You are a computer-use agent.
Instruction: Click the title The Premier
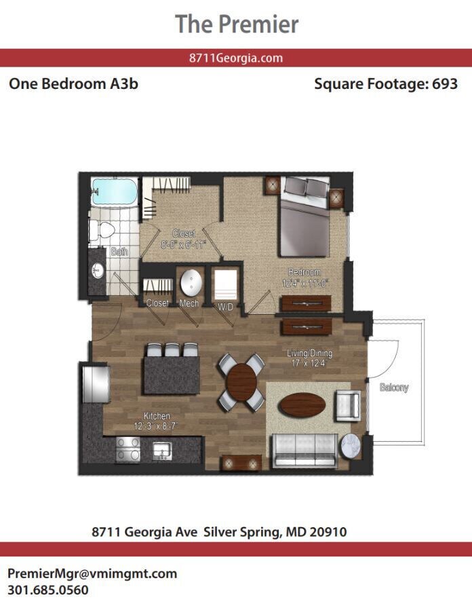(x=237, y=24)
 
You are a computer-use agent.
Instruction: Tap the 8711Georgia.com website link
(x=236, y=58)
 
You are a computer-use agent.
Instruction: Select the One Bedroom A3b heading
(x=73, y=84)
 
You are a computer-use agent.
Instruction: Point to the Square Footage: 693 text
(x=386, y=84)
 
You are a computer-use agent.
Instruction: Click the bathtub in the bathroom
(x=114, y=192)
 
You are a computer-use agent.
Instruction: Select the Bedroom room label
(x=304, y=273)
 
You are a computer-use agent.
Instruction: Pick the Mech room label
(x=189, y=303)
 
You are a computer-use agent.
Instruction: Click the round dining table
(x=241, y=383)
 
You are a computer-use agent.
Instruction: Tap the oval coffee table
(x=302, y=406)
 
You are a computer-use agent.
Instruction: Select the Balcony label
(x=394, y=387)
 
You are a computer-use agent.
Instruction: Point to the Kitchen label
(x=157, y=416)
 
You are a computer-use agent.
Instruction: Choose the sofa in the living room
(x=304, y=448)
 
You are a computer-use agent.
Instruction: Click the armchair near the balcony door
(x=347, y=406)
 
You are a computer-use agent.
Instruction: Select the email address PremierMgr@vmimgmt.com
(x=92, y=573)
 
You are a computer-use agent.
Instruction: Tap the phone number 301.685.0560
(x=48, y=590)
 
